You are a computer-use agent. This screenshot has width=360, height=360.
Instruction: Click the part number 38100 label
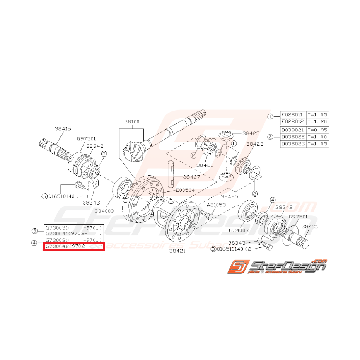[131, 121]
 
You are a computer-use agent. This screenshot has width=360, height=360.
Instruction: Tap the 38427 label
[191, 177]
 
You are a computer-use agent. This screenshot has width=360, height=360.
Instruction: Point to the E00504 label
[185, 190]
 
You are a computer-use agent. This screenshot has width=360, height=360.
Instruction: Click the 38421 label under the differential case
[177, 250]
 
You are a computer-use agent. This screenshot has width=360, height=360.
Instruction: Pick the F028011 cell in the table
[292, 115]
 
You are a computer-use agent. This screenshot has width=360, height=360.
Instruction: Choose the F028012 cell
[292, 121]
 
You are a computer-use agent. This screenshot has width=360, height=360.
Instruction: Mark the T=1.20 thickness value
[317, 121]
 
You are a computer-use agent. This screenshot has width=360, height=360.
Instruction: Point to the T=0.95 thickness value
[317, 130]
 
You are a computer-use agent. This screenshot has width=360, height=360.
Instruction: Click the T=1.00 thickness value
[317, 137]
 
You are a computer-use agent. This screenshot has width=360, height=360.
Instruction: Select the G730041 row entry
[74, 233]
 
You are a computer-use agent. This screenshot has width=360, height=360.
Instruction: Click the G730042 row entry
[74, 246]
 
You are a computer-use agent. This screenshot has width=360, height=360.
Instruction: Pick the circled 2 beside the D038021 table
[270, 137]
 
